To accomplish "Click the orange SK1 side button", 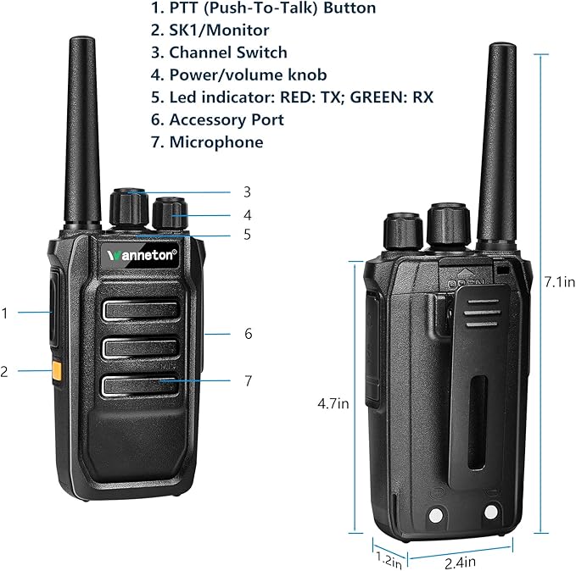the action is pos(57,371).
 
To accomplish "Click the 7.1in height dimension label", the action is pos(560,282).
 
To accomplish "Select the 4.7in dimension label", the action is pos(333,403).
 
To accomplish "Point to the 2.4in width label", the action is pos(460,563).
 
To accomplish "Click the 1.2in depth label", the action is pos(389,560).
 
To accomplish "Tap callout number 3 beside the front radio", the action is pos(247,192).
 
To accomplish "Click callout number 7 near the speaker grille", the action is pos(249,380).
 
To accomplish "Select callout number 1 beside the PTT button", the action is pos(5,313).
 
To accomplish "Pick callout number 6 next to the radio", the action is pos(249,334).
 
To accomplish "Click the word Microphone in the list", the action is pos(216,142).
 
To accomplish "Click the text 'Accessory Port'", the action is pos(226,120).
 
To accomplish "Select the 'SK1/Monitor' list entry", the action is pos(219,30).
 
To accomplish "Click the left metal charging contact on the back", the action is pos(436,515).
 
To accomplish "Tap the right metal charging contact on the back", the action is pos(491,512).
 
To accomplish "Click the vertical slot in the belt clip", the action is pos(478,422).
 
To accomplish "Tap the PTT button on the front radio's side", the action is pos(54,308).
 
